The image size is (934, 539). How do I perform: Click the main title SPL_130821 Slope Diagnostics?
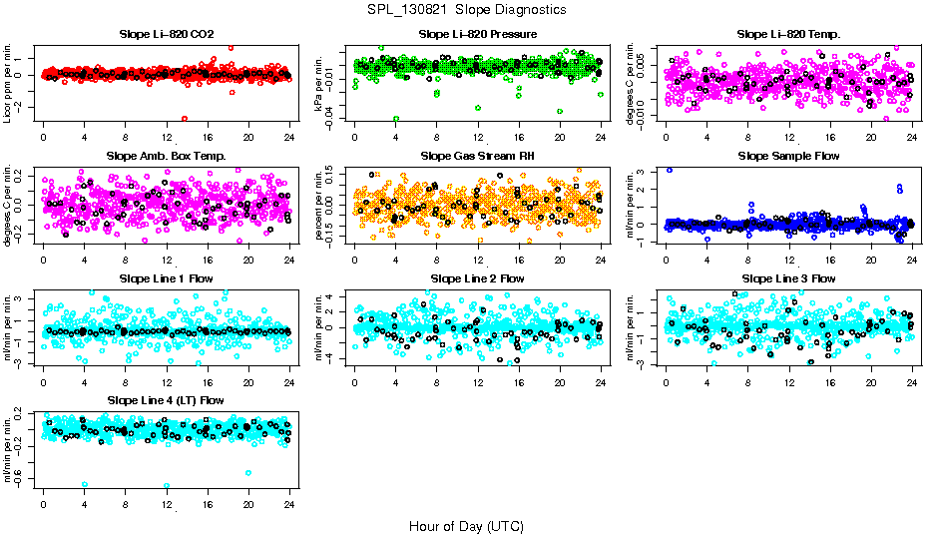point(467,9)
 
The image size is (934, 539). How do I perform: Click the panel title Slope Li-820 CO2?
point(166,34)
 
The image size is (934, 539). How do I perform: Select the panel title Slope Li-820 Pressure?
point(477,34)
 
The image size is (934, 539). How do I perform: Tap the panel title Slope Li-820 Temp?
point(788,34)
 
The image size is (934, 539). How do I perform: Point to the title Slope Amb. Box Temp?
point(166,156)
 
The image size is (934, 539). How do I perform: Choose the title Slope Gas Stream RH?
point(477,156)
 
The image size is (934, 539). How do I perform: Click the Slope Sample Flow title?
point(788,156)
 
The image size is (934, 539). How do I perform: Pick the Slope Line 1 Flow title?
point(166,277)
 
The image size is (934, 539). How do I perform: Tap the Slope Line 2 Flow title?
point(477,277)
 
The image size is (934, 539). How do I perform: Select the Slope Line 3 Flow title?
point(788,277)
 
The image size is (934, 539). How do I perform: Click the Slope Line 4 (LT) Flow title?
point(166,400)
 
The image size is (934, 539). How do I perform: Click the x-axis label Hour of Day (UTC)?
point(466,525)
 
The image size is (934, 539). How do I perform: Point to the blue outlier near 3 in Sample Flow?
point(669,170)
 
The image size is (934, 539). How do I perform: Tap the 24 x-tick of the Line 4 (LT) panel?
point(288,503)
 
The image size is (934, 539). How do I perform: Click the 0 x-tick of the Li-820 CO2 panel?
point(43,137)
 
